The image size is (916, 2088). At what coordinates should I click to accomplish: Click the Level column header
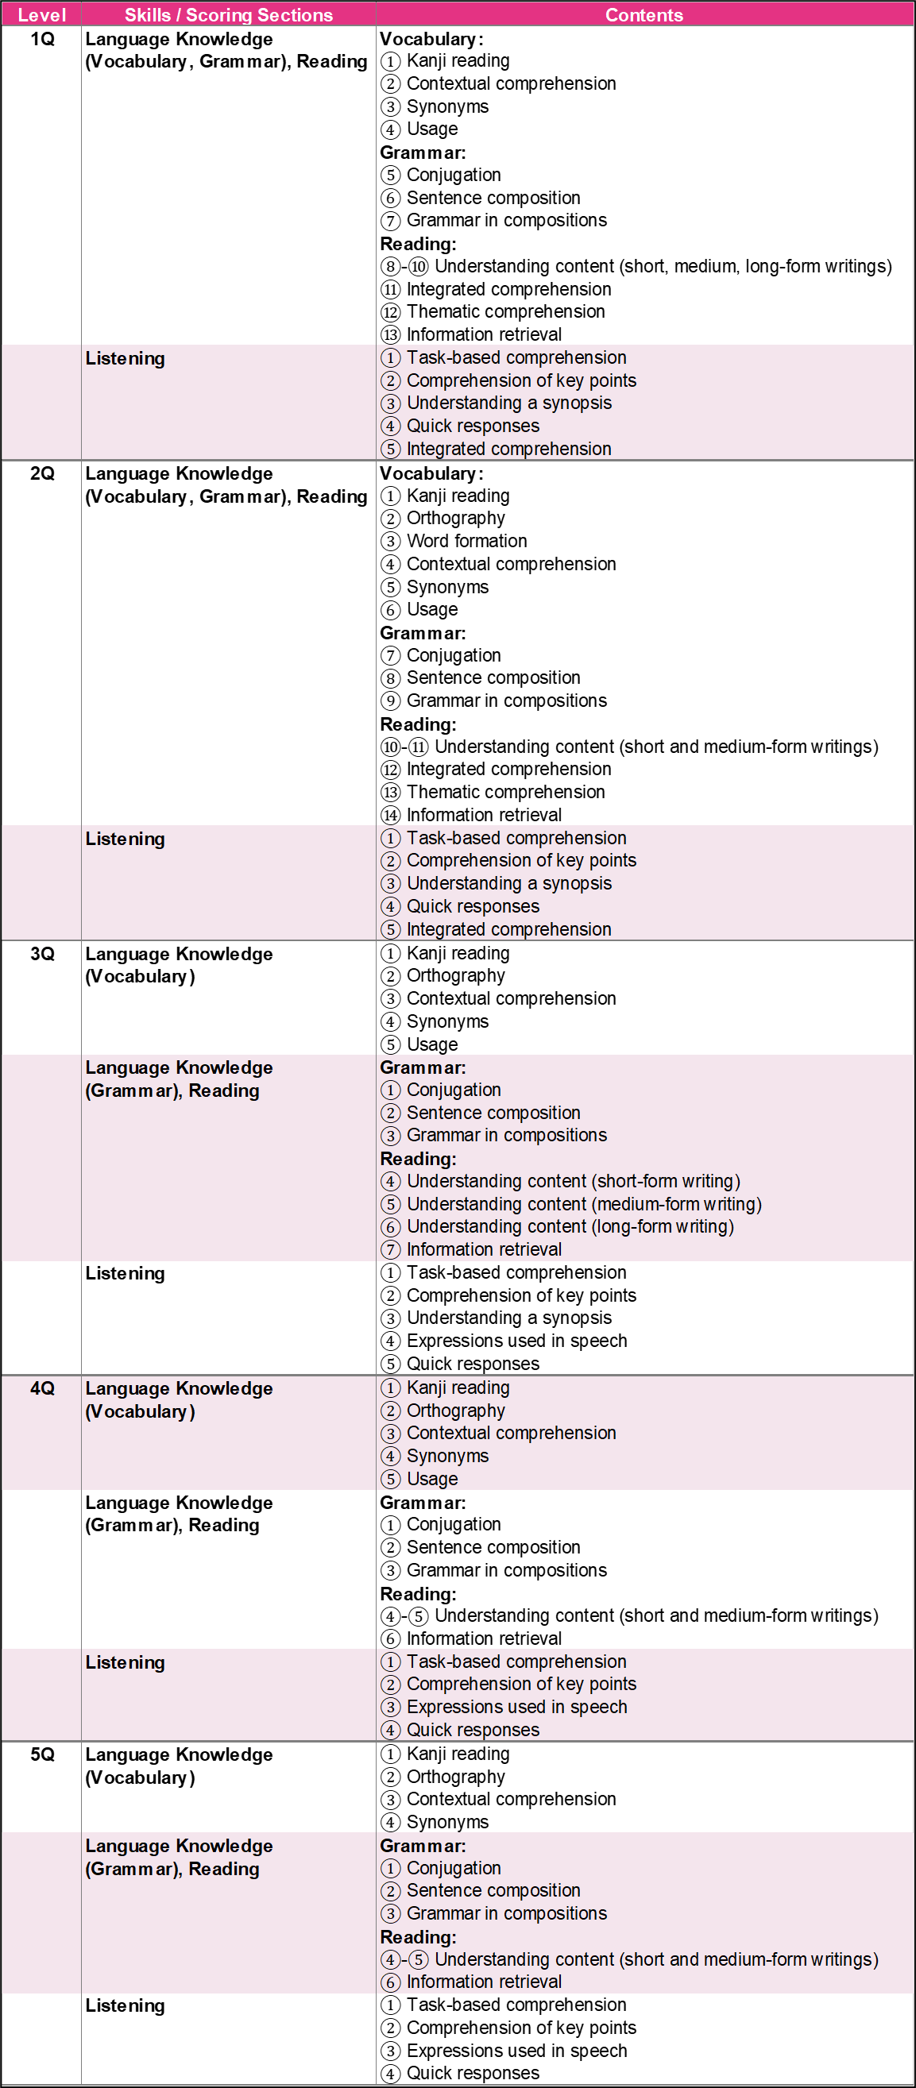(41, 14)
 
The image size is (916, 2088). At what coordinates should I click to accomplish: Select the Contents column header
(644, 14)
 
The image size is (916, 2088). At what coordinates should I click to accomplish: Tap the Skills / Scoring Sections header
(228, 14)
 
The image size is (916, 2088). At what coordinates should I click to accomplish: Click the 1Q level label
(42, 39)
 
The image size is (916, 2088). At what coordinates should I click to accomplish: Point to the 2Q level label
(42, 473)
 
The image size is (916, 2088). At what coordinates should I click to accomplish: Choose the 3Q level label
(42, 954)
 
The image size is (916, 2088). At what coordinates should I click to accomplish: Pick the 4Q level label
(42, 1388)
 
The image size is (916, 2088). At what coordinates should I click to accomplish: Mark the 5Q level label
(42, 1754)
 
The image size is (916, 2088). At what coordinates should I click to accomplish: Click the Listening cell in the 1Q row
(125, 358)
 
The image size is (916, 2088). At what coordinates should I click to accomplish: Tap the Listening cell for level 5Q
(125, 2005)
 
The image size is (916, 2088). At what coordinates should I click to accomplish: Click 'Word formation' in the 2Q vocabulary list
(466, 541)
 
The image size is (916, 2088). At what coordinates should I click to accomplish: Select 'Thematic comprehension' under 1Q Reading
(505, 311)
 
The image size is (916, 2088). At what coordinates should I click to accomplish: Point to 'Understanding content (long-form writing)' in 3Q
(570, 1226)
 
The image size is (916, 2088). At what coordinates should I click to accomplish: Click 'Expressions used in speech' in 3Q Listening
(516, 1341)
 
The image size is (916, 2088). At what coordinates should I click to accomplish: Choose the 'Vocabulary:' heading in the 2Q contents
(431, 473)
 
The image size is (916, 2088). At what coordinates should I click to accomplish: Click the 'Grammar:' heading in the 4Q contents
(423, 1503)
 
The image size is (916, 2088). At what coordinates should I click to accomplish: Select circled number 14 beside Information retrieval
(391, 815)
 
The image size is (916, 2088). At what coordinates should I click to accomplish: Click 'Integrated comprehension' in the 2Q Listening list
(508, 929)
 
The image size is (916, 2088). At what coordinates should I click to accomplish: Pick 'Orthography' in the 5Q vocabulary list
(454, 1777)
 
